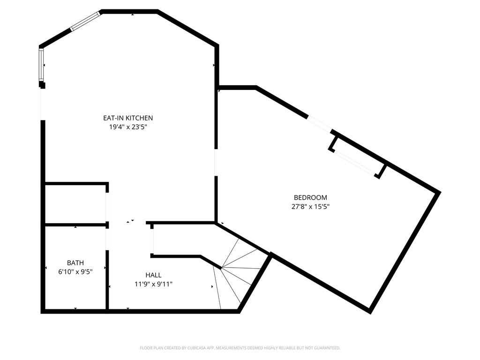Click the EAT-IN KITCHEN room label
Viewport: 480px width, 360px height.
pos(128,118)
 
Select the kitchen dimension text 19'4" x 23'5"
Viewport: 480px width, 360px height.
pos(128,127)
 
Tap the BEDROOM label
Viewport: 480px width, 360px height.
pos(310,197)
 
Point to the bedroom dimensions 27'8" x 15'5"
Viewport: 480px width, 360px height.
pos(310,207)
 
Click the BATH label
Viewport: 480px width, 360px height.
pos(75,262)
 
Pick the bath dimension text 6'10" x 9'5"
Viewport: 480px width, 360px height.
pos(75,271)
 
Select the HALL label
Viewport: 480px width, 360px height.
pos(153,275)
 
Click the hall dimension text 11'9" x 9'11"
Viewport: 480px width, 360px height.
pos(153,284)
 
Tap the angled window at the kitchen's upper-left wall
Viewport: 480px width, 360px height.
pos(85,21)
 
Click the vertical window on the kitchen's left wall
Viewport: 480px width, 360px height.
pos(41,65)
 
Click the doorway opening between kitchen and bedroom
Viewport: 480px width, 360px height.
pos(216,163)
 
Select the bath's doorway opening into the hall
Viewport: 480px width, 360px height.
pos(107,240)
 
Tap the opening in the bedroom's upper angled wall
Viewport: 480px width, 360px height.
pos(319,123)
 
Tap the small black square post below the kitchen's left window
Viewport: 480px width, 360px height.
pos(42,85)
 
